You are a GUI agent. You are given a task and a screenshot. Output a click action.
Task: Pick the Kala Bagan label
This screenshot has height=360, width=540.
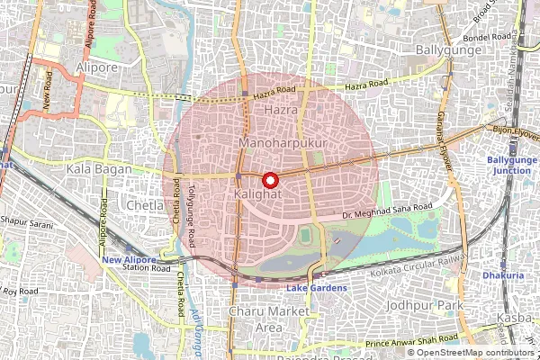[x=99, y=168]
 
